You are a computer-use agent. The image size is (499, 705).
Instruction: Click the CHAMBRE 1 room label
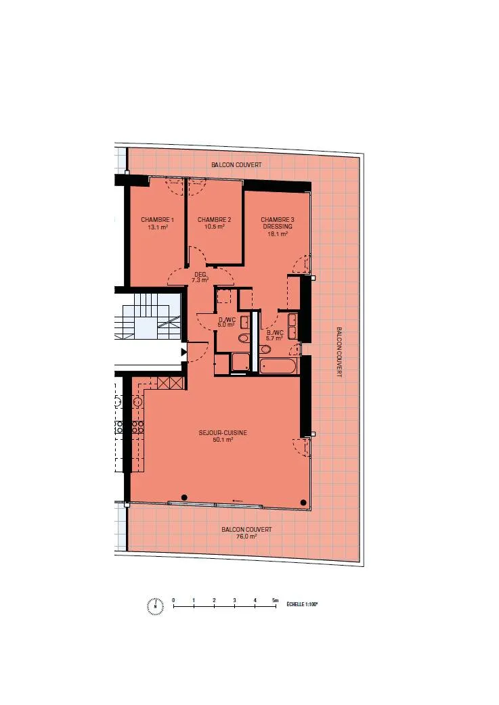point(157,219)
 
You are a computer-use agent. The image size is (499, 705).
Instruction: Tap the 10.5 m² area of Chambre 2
point(214,227)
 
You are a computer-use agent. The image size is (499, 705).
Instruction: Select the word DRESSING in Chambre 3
point(278,227)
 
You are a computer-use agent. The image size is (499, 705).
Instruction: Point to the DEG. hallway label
point(200,275)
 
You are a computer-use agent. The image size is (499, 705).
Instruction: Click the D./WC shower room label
point(227,319)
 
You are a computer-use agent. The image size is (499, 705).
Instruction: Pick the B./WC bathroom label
point(274,333)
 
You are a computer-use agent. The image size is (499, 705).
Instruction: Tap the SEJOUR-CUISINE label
point(223,432)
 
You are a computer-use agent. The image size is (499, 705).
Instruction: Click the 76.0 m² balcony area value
point(246,537)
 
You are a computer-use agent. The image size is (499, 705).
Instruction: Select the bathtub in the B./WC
point(278,365)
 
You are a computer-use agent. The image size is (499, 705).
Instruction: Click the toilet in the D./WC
point(244,338)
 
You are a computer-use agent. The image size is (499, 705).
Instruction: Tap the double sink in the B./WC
point(292,326)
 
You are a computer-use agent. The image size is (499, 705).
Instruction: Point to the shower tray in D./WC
point(241,362)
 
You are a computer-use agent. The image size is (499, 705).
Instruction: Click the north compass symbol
point(155,606)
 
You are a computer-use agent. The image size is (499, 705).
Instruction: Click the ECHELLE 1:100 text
point(303,604)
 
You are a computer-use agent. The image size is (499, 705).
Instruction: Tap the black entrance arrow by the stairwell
point(183,352)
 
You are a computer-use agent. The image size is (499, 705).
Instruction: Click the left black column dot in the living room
point(184,497)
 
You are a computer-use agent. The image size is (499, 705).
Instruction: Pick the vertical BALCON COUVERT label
point(339,352)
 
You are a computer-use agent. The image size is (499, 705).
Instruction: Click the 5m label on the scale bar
point(276,600)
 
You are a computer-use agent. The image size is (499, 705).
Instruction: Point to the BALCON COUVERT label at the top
point(236,164)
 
